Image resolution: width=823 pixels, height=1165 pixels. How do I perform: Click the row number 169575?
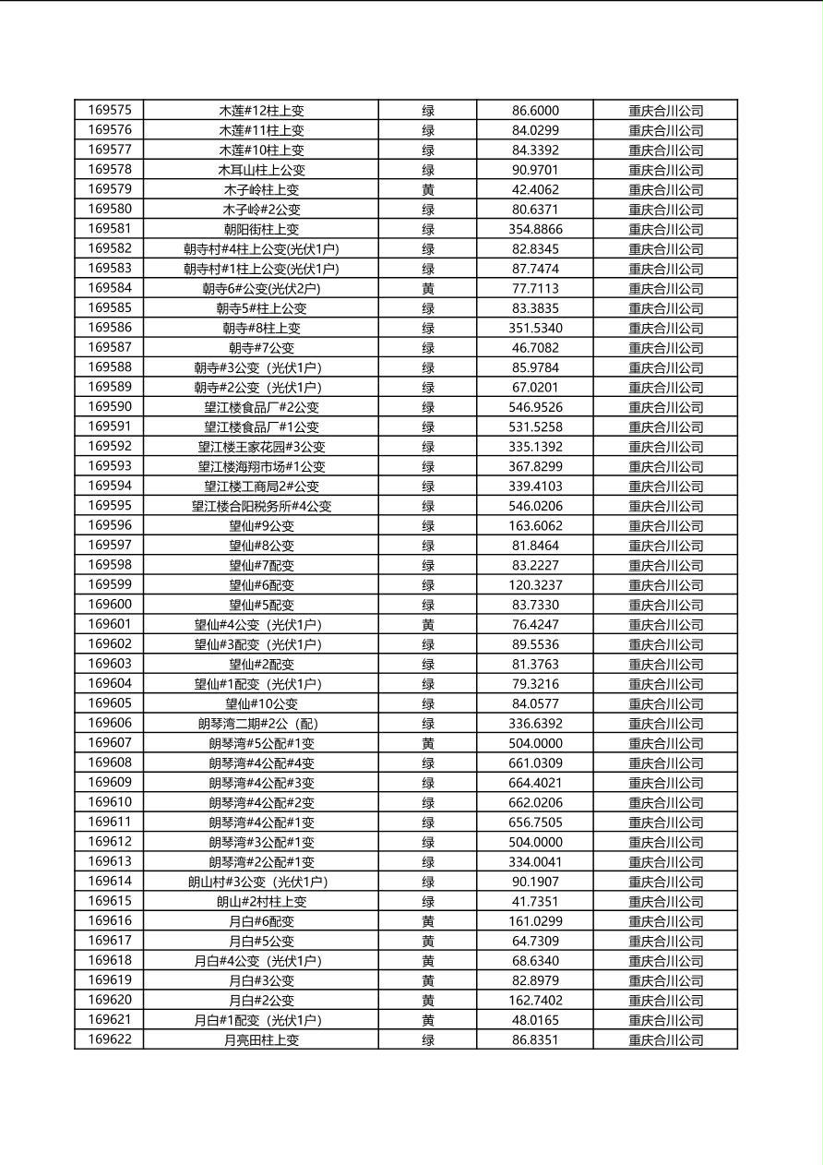tap(110, 111)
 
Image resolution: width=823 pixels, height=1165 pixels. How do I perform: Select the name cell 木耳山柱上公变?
tap(261, 170)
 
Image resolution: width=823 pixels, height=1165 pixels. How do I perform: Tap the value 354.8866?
tap(535, 229)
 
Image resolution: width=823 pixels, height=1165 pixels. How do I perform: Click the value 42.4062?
tap(535, 189)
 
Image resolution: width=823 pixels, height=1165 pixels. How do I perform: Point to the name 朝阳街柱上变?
tap(261, 229)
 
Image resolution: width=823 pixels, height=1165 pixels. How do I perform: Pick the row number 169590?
tap(110, 407)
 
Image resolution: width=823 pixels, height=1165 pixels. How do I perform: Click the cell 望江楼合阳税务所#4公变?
tap(261, 506)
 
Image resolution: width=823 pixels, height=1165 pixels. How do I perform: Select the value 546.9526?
tap(535, 407)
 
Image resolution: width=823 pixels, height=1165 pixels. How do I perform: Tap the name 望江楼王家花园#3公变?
tap(261, 447)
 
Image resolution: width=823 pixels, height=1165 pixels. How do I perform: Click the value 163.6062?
tap(535, 526)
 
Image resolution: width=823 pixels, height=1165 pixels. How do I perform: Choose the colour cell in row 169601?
tap(428, 625)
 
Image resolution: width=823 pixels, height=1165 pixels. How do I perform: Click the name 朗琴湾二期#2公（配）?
tap(261, 724)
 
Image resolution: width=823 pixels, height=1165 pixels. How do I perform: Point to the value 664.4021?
tap(535, 783)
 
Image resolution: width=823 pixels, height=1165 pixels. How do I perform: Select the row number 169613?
tap(110, 862)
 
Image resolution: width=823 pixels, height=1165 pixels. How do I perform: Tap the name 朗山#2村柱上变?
tap(261, 902)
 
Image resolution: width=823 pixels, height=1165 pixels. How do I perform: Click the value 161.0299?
tap(535, 921)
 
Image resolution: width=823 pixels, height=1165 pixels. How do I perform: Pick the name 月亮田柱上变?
tap(261, 1040)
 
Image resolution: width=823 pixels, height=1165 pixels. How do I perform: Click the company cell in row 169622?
tap(665, 1040)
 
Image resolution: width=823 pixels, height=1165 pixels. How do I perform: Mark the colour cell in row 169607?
tap(428, 743)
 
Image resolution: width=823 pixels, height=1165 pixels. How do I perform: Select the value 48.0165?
tap(535, 1020)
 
